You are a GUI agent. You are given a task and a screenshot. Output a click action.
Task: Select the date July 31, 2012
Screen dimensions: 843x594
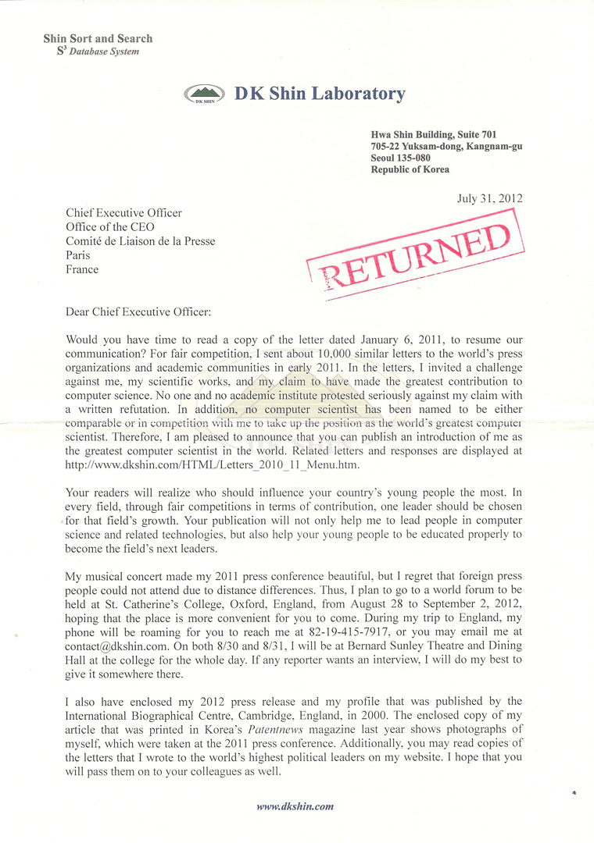pos(489,198)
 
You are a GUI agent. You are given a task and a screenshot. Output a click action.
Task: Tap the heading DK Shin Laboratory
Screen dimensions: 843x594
pos(320,94)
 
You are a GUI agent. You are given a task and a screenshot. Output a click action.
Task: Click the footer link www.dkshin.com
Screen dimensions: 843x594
pos(295,806)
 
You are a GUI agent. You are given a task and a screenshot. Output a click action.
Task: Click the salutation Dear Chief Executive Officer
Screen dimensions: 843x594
pos(139,311)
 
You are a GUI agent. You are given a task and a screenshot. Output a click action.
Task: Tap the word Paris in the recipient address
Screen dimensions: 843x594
pos(78,255)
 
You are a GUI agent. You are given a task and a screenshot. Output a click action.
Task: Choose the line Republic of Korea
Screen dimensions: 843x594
pos(410,169)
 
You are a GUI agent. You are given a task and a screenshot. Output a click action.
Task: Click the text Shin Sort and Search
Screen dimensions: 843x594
pos(98,38)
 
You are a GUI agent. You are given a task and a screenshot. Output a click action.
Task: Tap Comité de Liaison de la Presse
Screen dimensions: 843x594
pos(141,241)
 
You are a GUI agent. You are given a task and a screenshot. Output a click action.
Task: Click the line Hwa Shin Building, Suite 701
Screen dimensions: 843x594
pos(434,134)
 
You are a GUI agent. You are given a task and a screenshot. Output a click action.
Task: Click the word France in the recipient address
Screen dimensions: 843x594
pos(82,269)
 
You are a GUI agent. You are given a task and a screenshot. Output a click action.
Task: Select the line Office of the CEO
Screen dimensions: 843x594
pos(110,227)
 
